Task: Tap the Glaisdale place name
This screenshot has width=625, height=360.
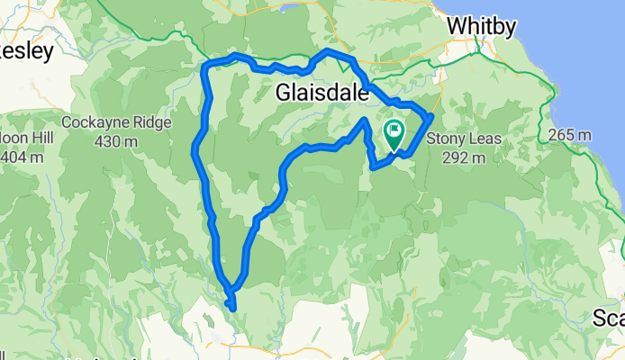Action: pyautogui.click(x=322, y=93)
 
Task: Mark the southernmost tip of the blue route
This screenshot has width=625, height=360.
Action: pyautogui.click(x=233, y=309)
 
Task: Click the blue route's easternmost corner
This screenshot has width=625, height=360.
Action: pyautogui.click(x=432, y=116)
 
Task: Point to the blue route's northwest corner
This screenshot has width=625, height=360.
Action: pyautogui.click(x=208, y=66)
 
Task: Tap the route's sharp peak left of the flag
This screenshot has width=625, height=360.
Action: pyautogui.click(x=364, y=120)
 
